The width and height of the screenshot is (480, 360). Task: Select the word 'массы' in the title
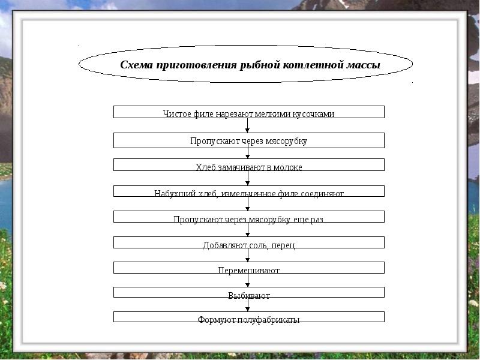click(364, 65)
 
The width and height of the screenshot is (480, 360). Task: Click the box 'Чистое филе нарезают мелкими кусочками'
click(248, 112)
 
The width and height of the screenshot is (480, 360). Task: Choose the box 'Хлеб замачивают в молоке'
click(248, 165)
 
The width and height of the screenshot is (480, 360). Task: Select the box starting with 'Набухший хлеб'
click(248, 191)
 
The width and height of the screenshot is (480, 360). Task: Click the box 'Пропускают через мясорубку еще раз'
click(248, 217)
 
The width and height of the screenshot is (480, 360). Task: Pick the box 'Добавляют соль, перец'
click(248, 243)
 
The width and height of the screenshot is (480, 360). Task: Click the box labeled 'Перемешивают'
click(248, 268)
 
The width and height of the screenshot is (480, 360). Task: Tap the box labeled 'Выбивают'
click(248, 293)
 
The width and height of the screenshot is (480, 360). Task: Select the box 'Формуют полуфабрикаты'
click(248, 317)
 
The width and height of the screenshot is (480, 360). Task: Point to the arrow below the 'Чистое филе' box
click(248, 125)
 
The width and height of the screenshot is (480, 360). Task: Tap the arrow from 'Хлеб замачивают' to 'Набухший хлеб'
click(248, 178)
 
